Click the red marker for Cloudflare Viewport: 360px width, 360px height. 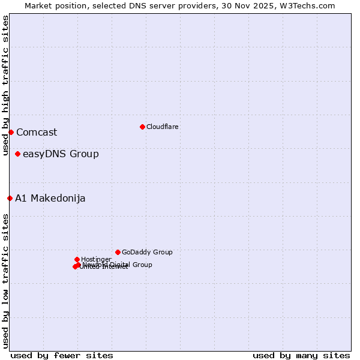pyautogui.click(x=142, y=127)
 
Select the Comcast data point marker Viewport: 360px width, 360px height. pyautogui.click(x=11, y=132)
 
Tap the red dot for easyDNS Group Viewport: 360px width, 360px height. pyautogui.click(x=17, y=154)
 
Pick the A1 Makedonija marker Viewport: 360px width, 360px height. pyautogui.click(x=10, y=198)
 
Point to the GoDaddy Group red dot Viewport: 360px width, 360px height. pyautogui.click(x=118, y=252)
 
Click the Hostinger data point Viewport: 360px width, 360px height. pyautogui.click(x=77, y=259)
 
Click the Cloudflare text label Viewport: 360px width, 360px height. pyautogui.click(x=163, y=127)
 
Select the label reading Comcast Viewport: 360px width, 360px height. pyautogui.click(x=37, y=132)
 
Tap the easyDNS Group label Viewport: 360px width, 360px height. pyautogui.click(x=61, y=154)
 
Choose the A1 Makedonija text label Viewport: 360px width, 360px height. pyautogui.click(x=50, y=198)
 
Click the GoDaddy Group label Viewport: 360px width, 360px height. pyautogui.click(x=147, y=252)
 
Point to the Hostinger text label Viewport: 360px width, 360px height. pyautogui.click(x=96, y=259)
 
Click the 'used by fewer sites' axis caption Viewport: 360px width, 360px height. pyautogui.click(x=62, y=355)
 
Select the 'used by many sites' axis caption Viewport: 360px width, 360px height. pyautogui.click(x=301, y=355)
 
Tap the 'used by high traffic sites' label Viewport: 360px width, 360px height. pyautogui.click(x=5, y=86)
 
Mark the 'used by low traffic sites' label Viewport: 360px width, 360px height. pyautogui.click(x=5, y=281)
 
